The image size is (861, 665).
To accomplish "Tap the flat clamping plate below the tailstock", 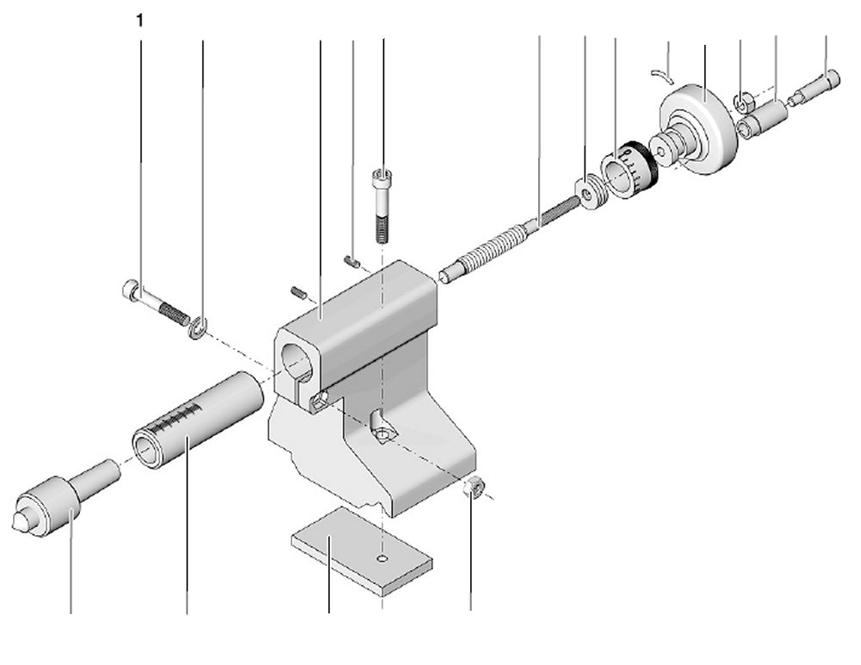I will (x=361, y=551).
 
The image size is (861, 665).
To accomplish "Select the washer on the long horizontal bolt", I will (x=198, y=327).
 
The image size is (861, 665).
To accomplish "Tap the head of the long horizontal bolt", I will (x=131, y=291).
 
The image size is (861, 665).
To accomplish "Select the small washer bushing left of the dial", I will (x=590, y=194).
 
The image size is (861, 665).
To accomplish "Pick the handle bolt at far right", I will (x=818, y=86).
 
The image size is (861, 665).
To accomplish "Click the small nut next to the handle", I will (x=741, y=104).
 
